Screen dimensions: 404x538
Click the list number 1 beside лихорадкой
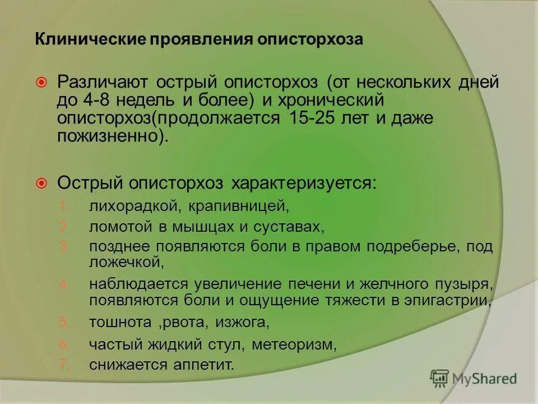(x=63, y=206)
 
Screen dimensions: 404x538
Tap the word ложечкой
(x=126, y=261)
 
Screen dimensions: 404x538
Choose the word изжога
(x=244, y=323)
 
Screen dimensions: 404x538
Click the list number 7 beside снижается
(x=63, y=365)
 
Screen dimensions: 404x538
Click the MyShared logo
(x=474, y=379)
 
